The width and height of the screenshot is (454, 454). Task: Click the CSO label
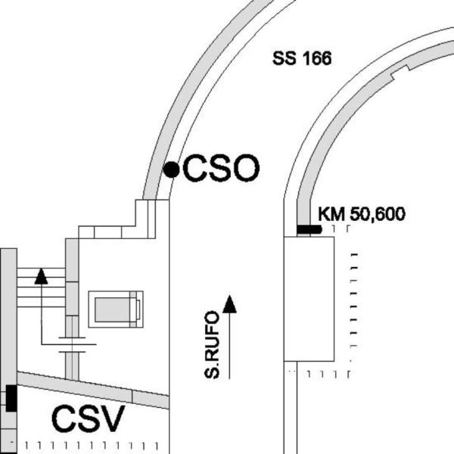point(221,168)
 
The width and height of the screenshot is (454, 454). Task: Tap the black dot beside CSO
point(172,169)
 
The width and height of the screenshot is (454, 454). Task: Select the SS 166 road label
point(302,58)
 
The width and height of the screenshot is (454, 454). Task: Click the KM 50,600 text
point(362,214)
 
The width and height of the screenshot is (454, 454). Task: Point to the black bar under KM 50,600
point(309,229)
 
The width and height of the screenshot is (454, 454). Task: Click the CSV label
point(89,418)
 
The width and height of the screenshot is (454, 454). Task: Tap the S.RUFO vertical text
point(212,345)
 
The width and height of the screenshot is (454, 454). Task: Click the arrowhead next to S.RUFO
point(229,304)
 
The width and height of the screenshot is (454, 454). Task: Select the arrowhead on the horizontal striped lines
point(41,276)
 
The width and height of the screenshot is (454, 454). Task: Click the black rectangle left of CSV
point(11,398)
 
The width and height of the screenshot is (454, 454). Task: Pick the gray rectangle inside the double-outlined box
point(112,309)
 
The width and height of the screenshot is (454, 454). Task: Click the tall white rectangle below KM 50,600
point(309,299)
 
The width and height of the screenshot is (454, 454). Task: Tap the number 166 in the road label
point(317,58)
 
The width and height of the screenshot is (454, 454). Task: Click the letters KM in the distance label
point(331,214)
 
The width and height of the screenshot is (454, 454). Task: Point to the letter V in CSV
point(113,418)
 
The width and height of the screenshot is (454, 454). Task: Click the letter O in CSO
point(247,168)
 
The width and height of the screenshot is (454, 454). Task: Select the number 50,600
point(378,215)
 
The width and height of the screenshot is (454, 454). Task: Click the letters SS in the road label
point(285,58)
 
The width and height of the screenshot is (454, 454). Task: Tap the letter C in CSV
point(63,418)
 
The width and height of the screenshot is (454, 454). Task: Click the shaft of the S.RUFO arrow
point(229,346)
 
